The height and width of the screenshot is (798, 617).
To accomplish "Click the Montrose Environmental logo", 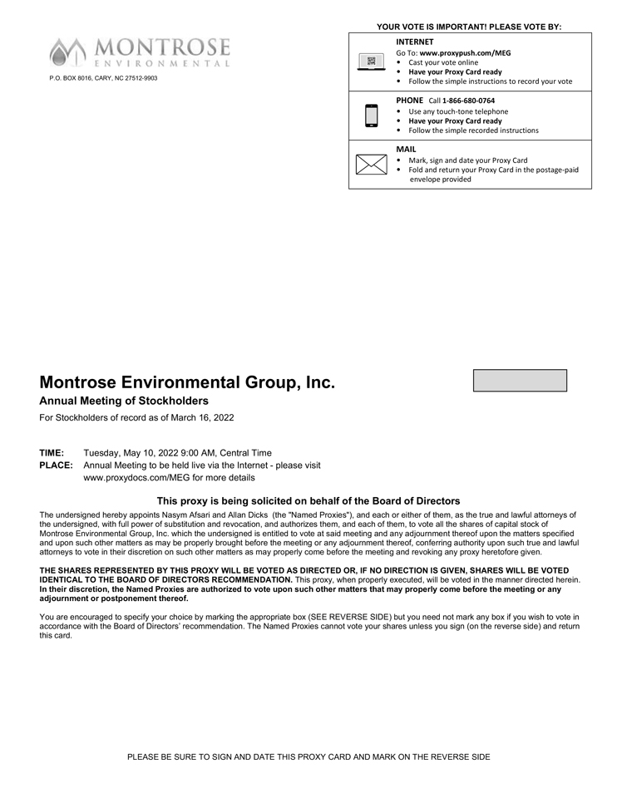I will tap(139, 52).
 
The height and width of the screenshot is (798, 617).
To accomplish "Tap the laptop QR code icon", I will tap(372, 62).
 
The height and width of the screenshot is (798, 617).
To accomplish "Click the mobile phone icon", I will tap(372, 116).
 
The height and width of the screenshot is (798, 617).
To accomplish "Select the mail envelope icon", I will tap(372, 165).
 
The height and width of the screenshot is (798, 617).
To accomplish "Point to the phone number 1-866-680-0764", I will tap(468, 101).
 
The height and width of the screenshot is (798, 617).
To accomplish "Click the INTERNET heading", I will tap(414, 41).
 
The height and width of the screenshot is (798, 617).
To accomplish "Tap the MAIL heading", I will tap(406, 149).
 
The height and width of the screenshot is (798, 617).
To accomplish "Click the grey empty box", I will tap(520, 381).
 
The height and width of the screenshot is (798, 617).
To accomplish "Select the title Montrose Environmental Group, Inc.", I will tap(187, 383).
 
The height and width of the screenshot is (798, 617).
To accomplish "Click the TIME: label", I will tap(52, 453).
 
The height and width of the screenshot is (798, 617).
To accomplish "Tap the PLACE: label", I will tap(56, 465).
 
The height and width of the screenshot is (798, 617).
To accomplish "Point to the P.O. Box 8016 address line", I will tap(103, 78).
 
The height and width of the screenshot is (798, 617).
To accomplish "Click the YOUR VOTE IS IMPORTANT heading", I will tap(469, 27).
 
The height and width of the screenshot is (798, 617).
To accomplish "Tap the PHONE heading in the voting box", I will tap(410, 101).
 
